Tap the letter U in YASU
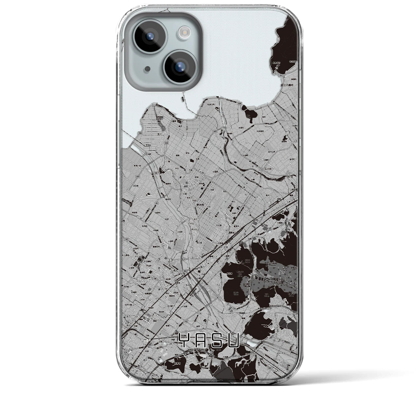pos(234,341)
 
